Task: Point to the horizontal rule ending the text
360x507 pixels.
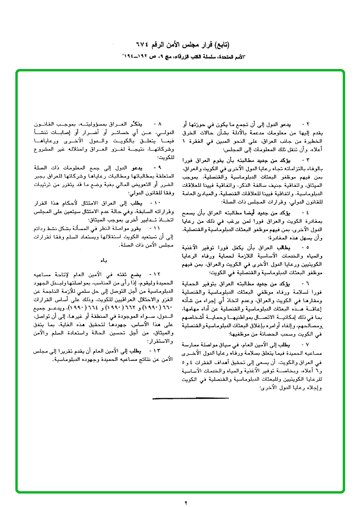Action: (x=177, y=398)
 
